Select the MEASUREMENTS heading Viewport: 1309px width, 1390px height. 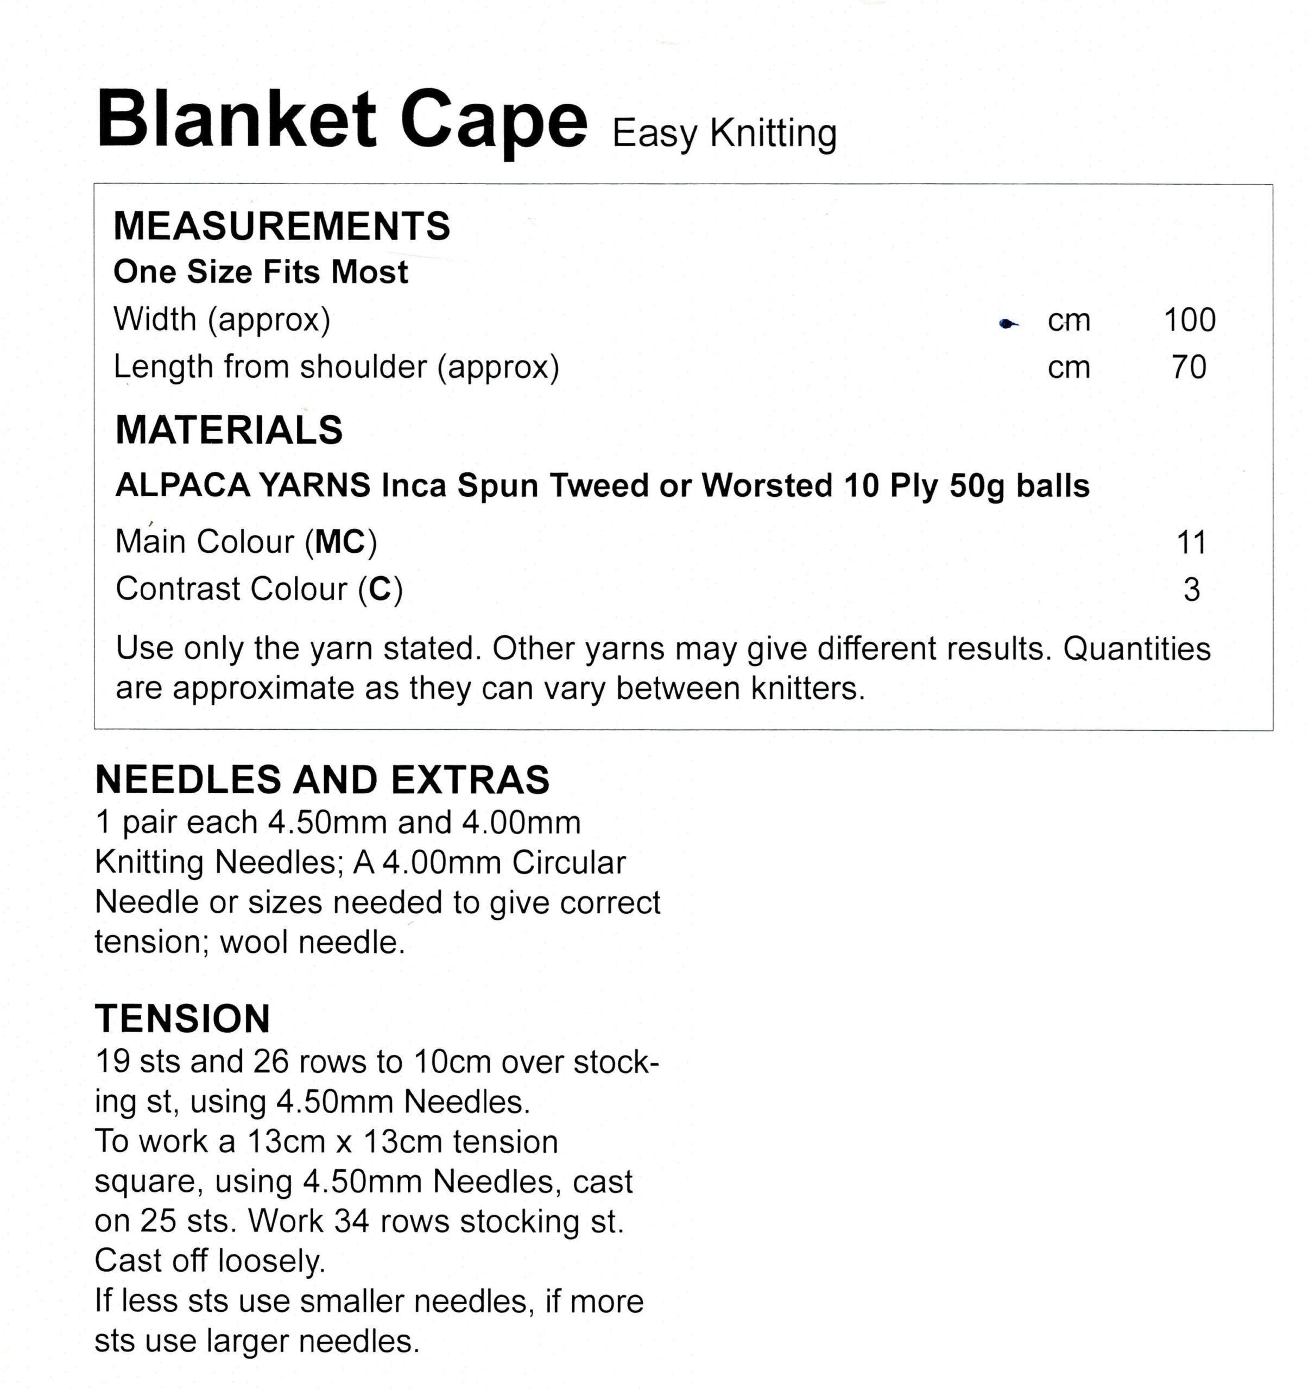(282, 226)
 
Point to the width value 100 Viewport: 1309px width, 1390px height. (1190, 320)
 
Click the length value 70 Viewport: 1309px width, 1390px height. (1190, 368)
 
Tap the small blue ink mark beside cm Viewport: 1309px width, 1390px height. (1008, 323)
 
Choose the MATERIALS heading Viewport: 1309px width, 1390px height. (229, 430)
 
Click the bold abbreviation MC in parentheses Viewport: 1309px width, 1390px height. (340, 542)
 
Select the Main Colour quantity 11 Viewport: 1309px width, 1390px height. (1192, 542)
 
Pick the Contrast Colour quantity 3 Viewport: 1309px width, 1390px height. (1192, 590)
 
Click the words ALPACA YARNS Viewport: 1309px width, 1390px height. (243, 485)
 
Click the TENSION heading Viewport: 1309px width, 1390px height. (182, 1018)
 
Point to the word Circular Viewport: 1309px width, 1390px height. (568, 863)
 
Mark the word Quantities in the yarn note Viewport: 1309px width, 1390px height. (1137, 649)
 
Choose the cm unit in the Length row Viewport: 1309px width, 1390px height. (1068, 368)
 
